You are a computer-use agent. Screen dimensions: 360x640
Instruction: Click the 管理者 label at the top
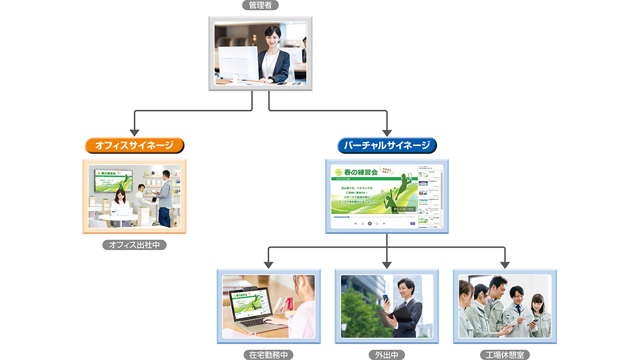pyautogui.click(x=260, y=5)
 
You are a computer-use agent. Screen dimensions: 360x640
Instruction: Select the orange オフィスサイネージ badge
pyautogui.click(x=134, y=145)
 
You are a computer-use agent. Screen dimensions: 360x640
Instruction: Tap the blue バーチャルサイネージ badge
pyautogui.click(x=387, y=145)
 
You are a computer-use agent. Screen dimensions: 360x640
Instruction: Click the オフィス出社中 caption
pyautogui.click(x=134, y=245)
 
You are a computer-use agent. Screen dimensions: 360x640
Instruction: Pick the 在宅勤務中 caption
pyautogui.click(x=268, y=354)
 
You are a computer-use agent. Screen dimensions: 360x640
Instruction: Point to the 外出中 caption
pyautogui.click(x=387, y=354)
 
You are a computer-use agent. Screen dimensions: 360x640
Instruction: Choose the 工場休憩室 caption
pyautogui.click(x=505, y=354)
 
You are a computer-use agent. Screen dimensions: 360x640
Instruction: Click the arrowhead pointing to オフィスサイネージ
pyautogui.click(x=134, y=132)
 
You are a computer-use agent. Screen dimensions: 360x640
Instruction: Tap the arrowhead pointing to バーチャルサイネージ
pyautogui.click(x=387, y=132)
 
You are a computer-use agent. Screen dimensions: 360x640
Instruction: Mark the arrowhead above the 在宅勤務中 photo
pyautogui.click(x=268, y=264)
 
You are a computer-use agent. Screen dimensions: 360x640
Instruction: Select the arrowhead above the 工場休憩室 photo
pyautogui.click(x=505, y=264)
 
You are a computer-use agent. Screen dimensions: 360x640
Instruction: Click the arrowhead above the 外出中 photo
pyautogui.click(x=387, y=264)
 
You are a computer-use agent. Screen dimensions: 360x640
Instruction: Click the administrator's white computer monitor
pyautogui.click(x=238, y=63)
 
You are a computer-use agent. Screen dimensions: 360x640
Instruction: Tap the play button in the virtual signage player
pyautogui.click(x=370, y=224)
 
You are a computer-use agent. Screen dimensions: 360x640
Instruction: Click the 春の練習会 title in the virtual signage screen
pyautogui.click(x=361, y=172)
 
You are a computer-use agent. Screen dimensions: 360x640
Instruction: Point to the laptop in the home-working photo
pyautogui.click(x=250, y=308)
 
